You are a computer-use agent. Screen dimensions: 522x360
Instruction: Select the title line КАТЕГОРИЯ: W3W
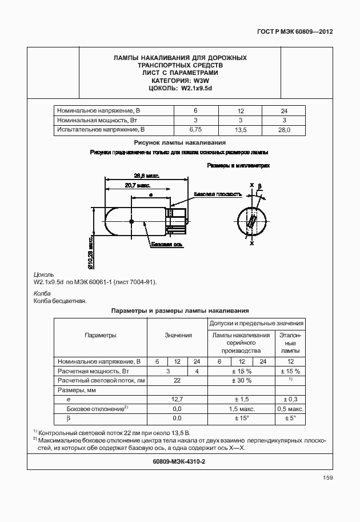[180, 81]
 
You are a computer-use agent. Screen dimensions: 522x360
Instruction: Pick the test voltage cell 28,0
[284, 130]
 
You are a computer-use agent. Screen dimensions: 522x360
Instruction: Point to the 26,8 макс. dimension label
[146, 176]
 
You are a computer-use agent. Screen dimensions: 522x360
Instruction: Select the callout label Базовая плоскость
[217, 194]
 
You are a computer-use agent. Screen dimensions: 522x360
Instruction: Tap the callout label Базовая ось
[167, 245]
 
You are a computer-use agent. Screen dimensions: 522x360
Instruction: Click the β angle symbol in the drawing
[259, 186]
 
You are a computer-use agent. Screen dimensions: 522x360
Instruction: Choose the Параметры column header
[100, 336]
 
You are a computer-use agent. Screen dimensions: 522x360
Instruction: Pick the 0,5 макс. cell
[290, 409]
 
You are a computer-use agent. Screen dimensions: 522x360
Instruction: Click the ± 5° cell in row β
[290, 419]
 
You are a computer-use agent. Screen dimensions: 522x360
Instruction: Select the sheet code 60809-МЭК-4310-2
[179, 461]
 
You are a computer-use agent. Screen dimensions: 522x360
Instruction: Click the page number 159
[327, 478]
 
